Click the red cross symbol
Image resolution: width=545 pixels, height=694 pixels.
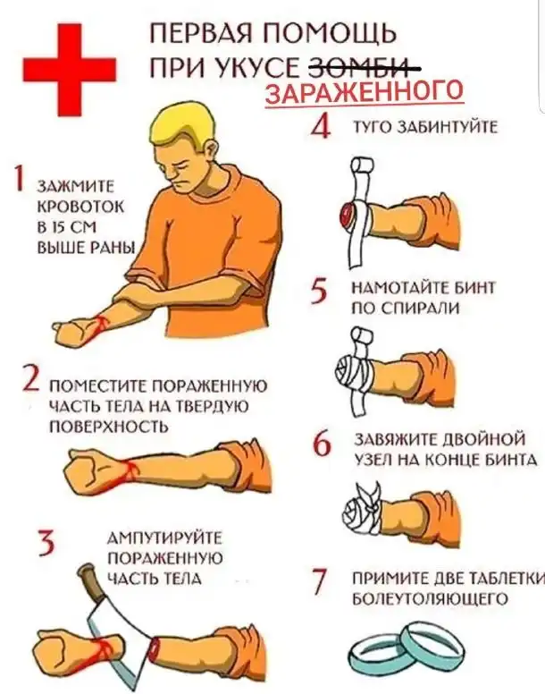pos(69,69)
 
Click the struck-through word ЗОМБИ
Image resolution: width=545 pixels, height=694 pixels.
pos(363,68)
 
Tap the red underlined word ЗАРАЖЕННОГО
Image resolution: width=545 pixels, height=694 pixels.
pos(365,90)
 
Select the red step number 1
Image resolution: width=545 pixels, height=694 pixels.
pos(18,178)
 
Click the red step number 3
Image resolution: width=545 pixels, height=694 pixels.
pos(46,543)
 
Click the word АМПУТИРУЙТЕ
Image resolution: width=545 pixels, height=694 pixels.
pos(165,538)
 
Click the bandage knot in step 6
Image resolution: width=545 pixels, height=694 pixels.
pos(368,494)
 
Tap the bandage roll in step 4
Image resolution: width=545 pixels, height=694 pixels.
pos(362,167)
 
